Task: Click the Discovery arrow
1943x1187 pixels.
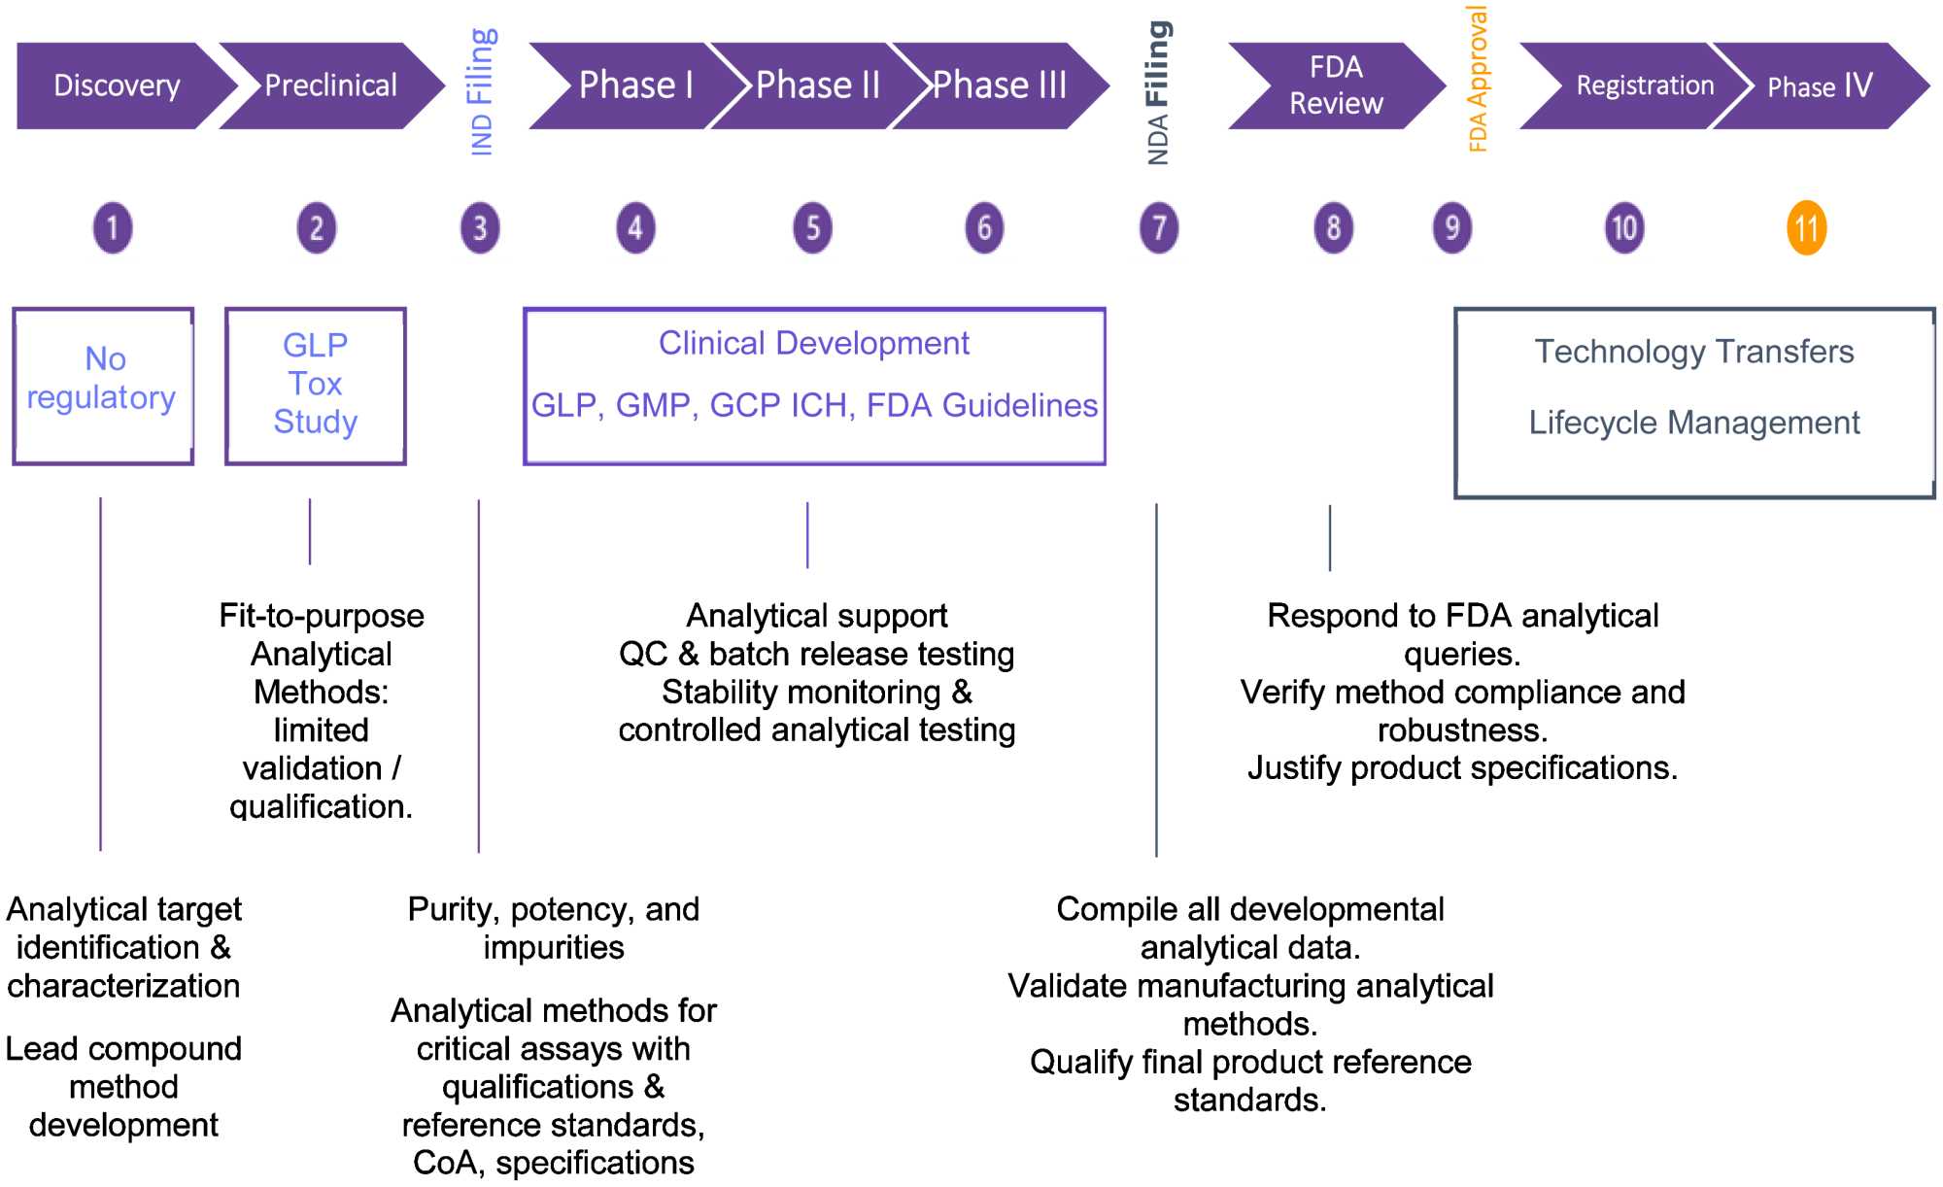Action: [117, 85]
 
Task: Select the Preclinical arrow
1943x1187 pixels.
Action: [330, 85]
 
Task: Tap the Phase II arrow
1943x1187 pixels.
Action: [817, 85]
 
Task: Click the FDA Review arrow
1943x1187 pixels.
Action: [1336, 85]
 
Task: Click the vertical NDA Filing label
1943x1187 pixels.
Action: [1158, 92]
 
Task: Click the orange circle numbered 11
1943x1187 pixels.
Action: [1806, 228]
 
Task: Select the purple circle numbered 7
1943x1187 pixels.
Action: [1158, 228]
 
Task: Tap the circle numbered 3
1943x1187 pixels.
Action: [480, 228]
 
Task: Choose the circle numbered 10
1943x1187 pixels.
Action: [1624, 228]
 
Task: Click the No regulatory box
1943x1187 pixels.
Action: [103, 386]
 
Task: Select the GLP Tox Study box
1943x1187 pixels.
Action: [315, 386]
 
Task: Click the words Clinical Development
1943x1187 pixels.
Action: [813, 343]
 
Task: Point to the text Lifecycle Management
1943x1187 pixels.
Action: [1693, 423]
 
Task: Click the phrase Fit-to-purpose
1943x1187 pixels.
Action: [322, 616]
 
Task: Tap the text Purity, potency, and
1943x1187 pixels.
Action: [553, 909]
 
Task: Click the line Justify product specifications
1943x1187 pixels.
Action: [1462, 768]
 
